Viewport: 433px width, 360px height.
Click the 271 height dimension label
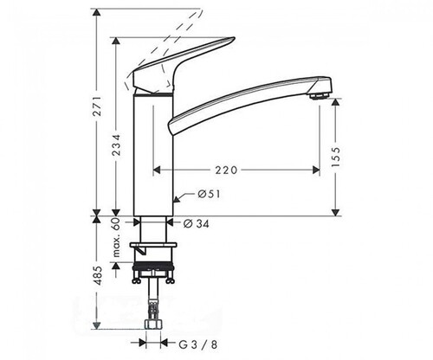point(98,106)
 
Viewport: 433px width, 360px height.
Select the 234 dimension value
point(116,145)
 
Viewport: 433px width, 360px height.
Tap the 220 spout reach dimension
point(226,170)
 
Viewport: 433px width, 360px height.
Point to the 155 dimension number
point(336,157)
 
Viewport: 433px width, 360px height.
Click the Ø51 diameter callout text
point(209,194)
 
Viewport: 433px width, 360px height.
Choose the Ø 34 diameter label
point(196,223)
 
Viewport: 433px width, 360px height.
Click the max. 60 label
point(116,238)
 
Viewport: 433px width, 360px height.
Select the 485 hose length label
point(98,275)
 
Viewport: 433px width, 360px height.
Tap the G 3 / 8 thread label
point(198,344)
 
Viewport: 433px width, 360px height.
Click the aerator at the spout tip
point(319,95)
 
